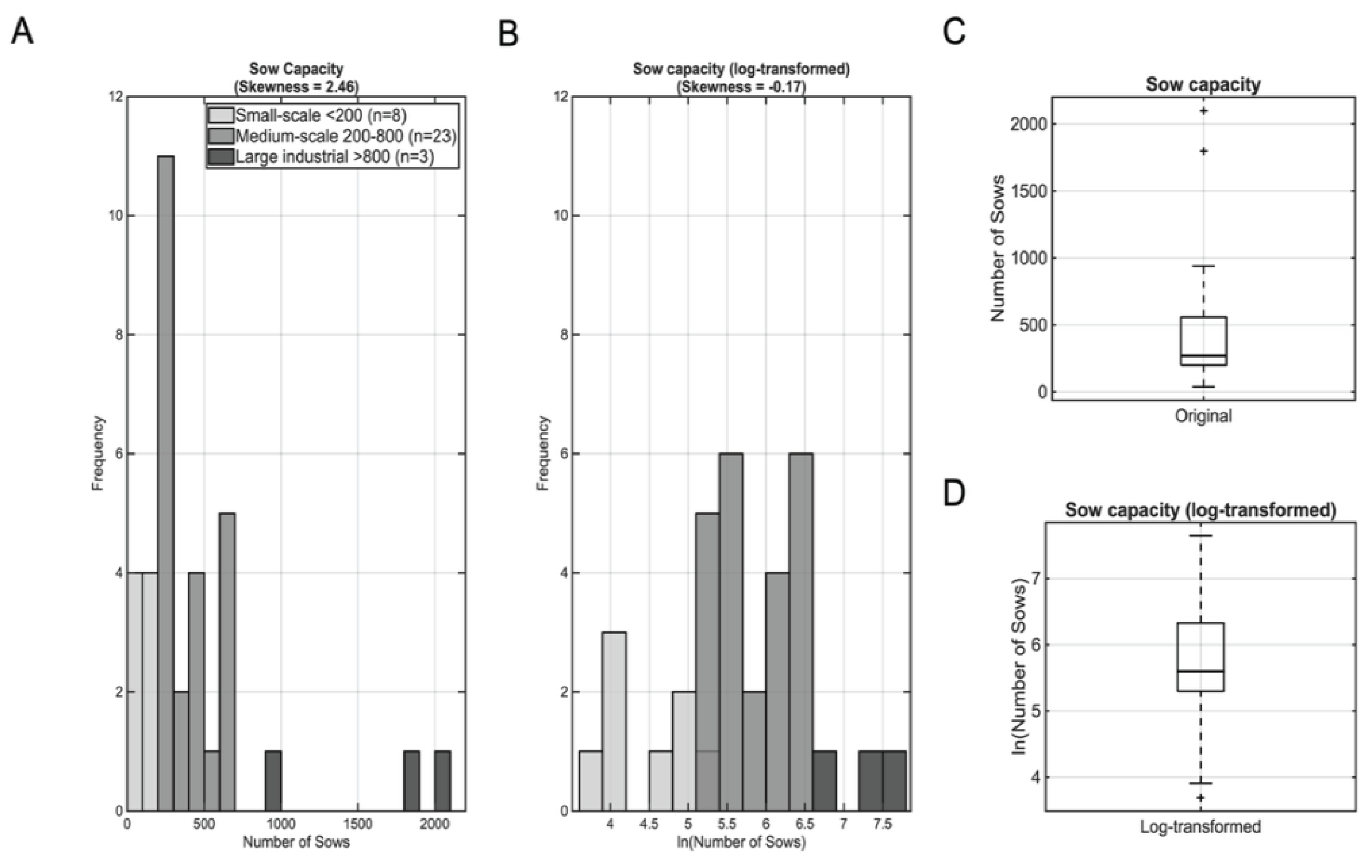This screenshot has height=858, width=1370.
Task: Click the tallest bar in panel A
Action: tap(166, 483)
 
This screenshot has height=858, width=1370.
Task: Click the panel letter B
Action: tap(508, 34)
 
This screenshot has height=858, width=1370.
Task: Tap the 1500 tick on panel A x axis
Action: tap(358, 823)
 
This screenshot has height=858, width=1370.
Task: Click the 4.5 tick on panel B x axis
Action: tap(649, 823)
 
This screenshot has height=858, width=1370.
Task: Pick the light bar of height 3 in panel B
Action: tap(615, 721)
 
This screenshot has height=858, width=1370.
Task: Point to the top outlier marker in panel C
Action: tap(1203, 111)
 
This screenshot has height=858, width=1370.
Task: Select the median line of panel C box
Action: tap(1203, 356)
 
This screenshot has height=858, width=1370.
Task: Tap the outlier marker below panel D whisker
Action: tap(1201, 798)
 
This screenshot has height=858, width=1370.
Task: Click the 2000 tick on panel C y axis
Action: tap(1028, 124)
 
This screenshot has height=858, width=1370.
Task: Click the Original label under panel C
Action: tap(1203, 416)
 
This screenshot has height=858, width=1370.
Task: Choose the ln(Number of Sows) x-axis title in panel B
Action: tap(741, 842)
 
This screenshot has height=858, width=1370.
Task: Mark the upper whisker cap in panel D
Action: tap(1201, 535)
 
